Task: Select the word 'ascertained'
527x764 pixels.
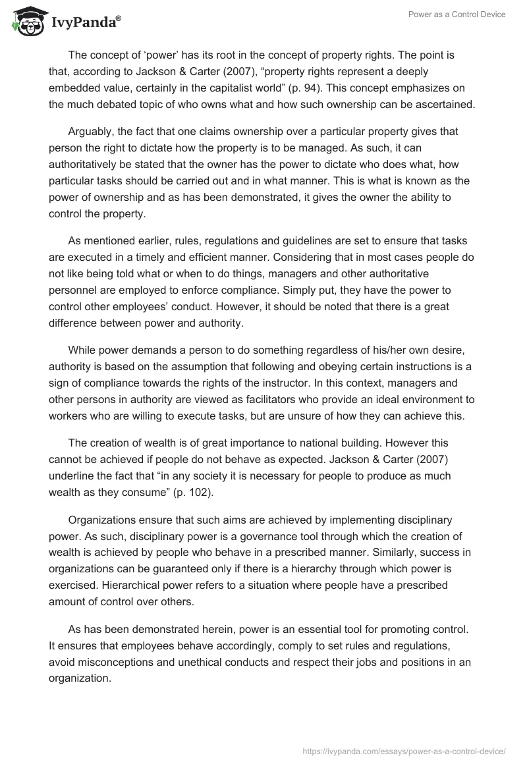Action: tap(439, 103)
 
